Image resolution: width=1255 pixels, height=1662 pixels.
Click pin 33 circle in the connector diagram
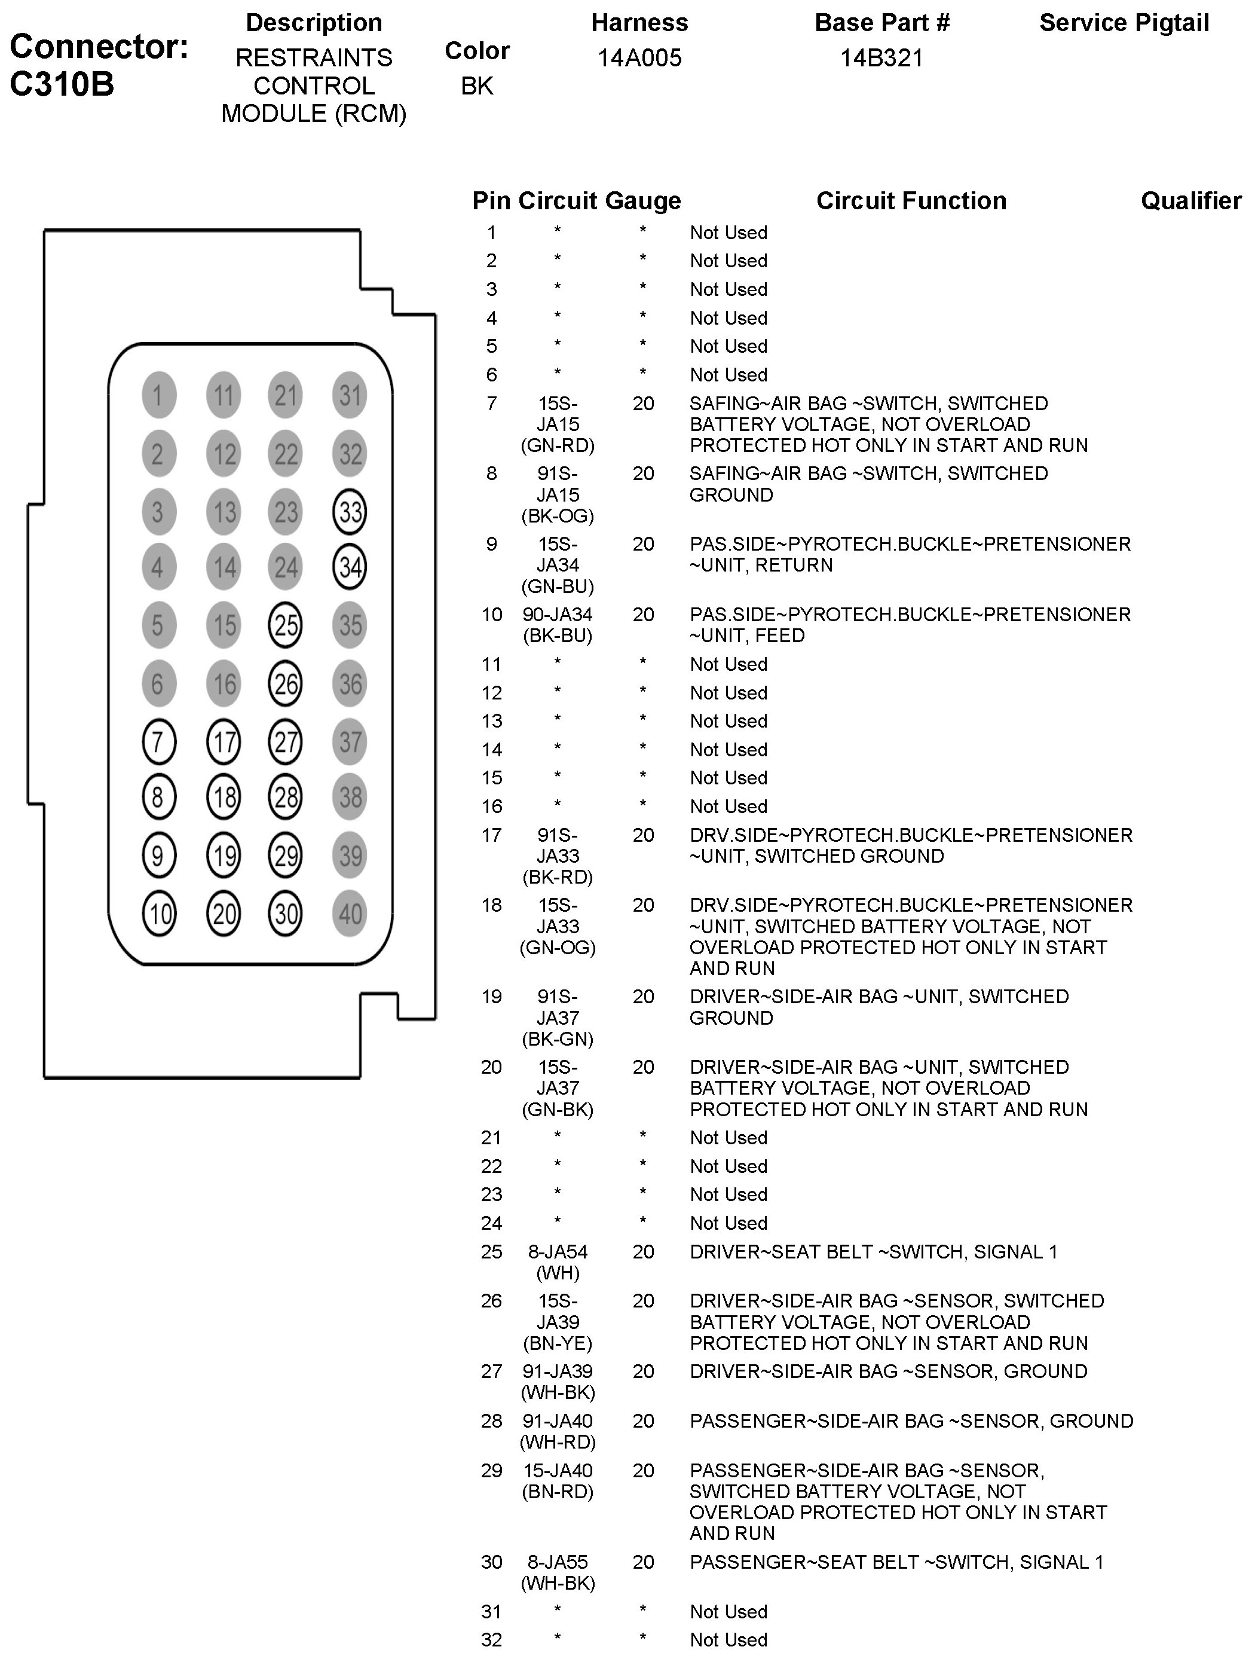pyautogui.click(x=349, y=512)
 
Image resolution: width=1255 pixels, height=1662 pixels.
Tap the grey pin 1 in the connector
pyautogui.click(x=158, y=395)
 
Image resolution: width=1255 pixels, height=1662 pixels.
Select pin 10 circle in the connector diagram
pyautogui.click(x=158, y=914)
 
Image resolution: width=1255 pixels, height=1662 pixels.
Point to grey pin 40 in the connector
pyautogui.click(x=349, y=914)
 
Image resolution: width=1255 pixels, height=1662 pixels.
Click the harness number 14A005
pyautogui.click(x=639, y=58)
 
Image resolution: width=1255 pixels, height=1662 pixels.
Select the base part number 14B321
pyautogui.click(x=881, y=58)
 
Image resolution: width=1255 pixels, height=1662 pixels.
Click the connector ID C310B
pyautogui.click(x=62, y=84)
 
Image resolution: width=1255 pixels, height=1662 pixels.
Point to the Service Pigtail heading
pyautogui.click(x=1124, y=23)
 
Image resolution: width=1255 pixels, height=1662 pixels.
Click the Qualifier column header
pyautogui.click(x=1190, y=201)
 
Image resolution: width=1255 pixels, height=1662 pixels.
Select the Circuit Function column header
pyautogui.click(x=911, y=201)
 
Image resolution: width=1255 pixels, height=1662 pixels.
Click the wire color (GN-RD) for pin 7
pyautogui.click(x=557, y=445)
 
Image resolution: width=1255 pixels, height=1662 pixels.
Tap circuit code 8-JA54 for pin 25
pyautogui.click(x=557, y=1252)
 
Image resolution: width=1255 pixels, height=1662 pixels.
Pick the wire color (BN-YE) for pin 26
pyautogui.click(x=557, y=1343)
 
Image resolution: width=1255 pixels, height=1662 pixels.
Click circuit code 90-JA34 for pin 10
pyautogui.click(x=557, y=615)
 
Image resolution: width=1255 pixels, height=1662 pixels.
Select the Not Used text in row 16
pyautogui.click(x=728, y=806)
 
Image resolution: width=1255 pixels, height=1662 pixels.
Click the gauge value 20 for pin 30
pyautogui.click(x=643, y=1562)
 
